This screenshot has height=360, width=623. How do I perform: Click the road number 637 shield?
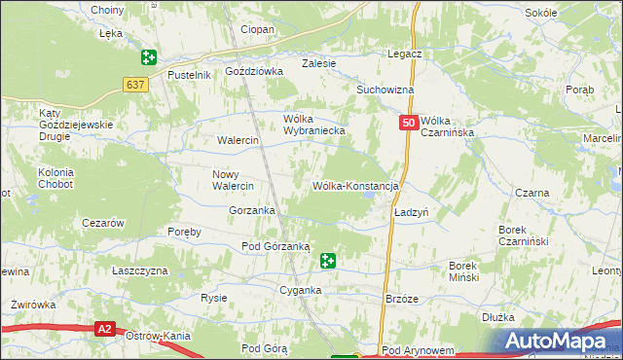coord(134,86)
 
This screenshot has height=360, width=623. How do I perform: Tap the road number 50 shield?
coord(409,123)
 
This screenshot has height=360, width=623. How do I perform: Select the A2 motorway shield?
coord(106,330)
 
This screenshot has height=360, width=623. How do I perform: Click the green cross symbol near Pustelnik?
coord(148,58)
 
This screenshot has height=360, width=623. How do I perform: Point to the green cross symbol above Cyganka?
coord(328,261)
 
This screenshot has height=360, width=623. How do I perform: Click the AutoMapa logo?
coord(559,340)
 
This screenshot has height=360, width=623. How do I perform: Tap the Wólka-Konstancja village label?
coord(356,185)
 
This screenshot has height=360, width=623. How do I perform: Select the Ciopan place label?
coord(258,30)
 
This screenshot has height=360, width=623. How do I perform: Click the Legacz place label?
coord(404,54)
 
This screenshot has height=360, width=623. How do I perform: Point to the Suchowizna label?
coord(385,90)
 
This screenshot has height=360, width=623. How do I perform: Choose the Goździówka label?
coord(253,71)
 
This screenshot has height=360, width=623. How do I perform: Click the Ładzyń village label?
coord(412,211)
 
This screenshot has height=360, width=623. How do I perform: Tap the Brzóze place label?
coord(402,299)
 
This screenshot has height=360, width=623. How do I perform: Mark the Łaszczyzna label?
coord(139,270)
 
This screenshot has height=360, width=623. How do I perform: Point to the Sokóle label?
coord(568,13)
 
